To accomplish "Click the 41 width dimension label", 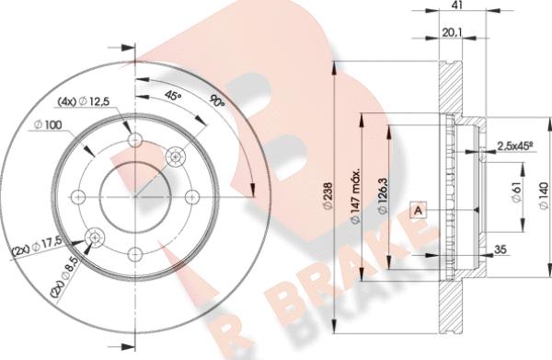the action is point(457,5).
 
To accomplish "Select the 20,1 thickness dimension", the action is point(452,32).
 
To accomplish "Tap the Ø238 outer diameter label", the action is point(328,196).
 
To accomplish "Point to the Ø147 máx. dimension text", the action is point(355,196).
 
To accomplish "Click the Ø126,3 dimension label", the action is point(383,196).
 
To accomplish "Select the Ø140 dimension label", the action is point(544,196).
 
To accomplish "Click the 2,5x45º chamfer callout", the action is point(514,145).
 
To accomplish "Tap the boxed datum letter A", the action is point(419,210).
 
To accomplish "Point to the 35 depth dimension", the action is point(500,250).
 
